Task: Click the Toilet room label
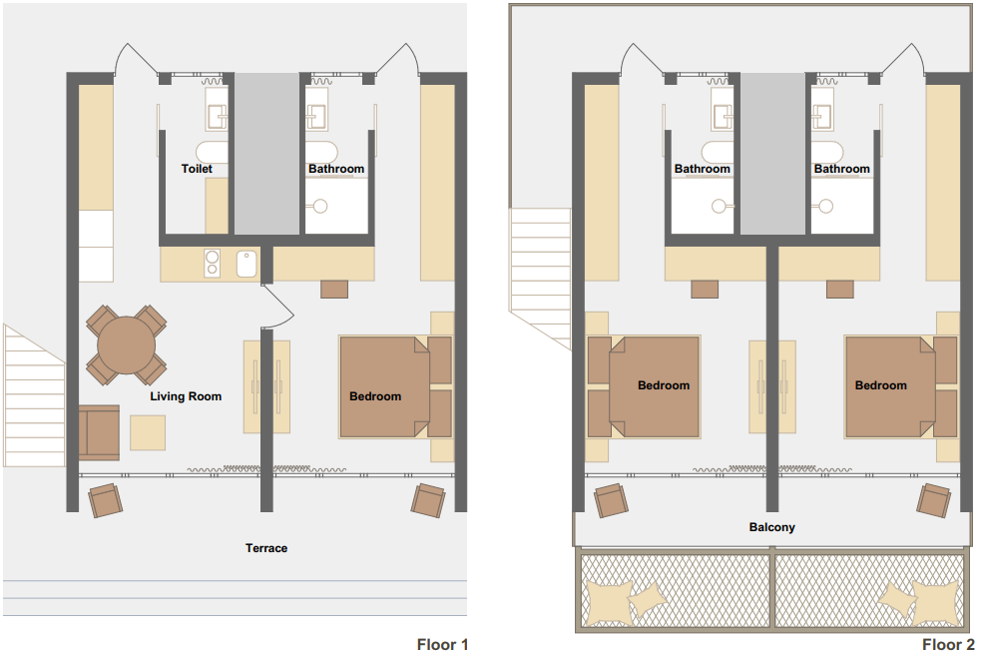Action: point(197,169)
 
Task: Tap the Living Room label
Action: point(186,396)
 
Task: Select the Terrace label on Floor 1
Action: point(266,548)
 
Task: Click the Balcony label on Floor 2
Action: point(771,528)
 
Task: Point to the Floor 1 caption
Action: point(443,644)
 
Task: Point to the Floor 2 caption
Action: point(948,644)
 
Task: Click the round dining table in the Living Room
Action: point(126,345)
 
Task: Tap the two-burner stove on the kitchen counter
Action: point(213,263)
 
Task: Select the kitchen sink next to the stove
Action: point(246,264)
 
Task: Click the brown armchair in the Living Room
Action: point(99,433)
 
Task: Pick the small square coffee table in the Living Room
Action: point(148,433)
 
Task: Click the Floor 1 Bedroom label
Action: point(375,396)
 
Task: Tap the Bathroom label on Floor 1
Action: point(336,169)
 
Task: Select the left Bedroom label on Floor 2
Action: point(664,385)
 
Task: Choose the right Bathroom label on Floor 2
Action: point(842,169)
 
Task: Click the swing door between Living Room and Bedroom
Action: point(277,307)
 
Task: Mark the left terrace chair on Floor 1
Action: point(106,500)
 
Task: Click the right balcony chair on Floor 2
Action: point(933,500)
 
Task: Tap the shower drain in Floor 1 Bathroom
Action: point(319,206)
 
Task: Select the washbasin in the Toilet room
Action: point(217,117)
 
